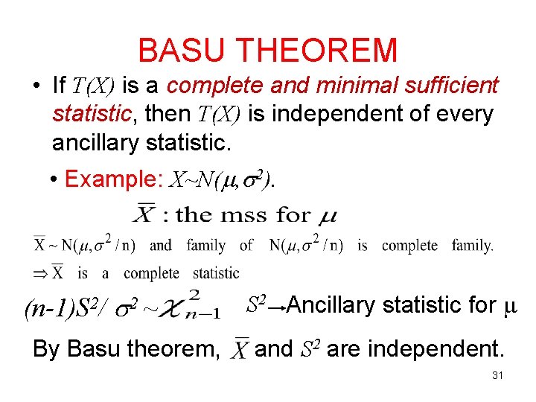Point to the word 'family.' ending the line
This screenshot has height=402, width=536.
tap(472, 245)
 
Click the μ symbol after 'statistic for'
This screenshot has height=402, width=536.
tap(510, 305)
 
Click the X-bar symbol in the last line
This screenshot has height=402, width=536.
tap(240, 348)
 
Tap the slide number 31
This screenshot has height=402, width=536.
tap(497, 375)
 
